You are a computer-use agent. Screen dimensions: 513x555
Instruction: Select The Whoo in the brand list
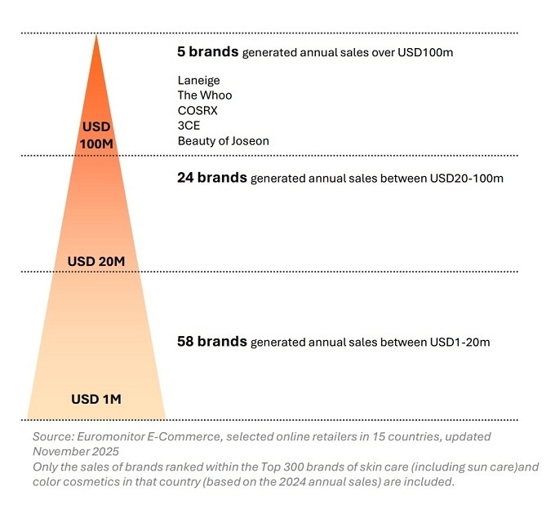[x=205, y=95]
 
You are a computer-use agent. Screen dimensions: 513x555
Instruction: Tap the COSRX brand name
[x=198, y=110]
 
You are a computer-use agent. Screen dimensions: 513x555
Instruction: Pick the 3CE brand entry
[x=188, y=126]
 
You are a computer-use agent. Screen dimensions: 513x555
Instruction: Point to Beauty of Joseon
[x=223, y=140]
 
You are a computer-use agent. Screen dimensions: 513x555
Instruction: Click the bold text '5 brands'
[x=207, y=51]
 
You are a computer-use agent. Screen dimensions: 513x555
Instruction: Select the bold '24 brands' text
[x=211, y=177]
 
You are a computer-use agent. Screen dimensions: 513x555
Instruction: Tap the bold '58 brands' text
[x=211, y=342]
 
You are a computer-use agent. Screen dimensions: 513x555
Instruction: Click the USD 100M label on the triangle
[x=96, y=135]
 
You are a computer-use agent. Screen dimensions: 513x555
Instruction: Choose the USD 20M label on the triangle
[x=96, y=261]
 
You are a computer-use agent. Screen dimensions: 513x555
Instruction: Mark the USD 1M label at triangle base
[x=96, y=399]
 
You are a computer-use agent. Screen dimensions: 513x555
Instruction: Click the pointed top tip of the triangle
[x=96, y=37]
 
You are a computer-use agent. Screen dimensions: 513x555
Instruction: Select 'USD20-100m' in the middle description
[x=460, y=178]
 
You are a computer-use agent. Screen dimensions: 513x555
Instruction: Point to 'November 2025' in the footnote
[x=76, y=450]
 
